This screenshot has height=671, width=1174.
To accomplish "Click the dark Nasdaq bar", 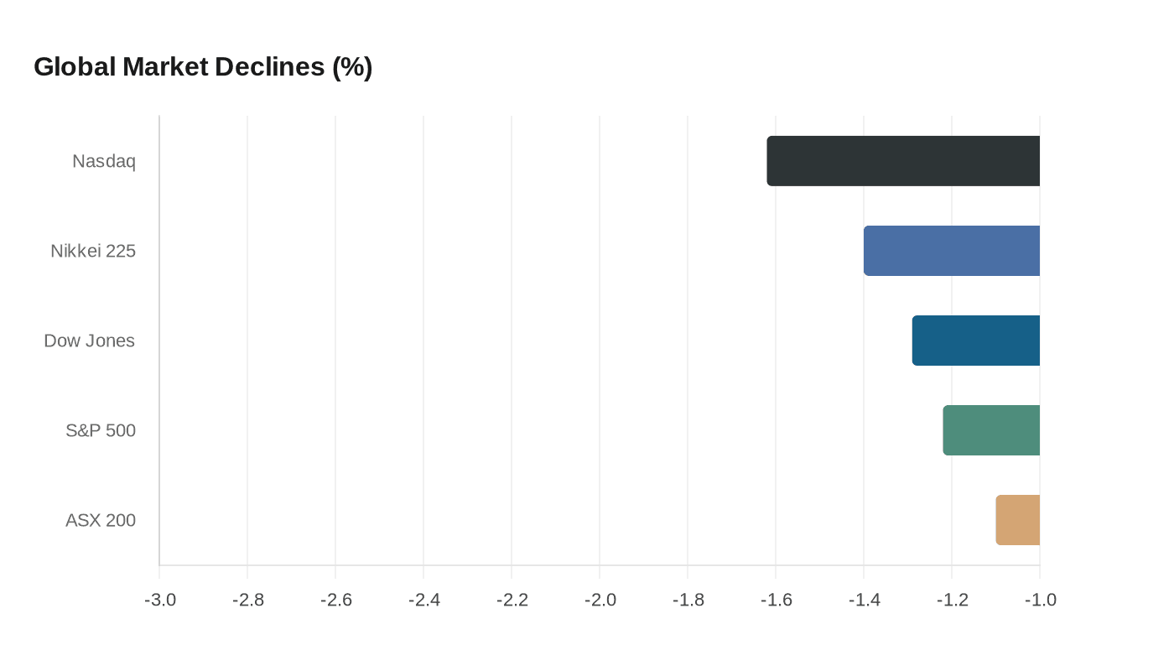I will tap(903, 161).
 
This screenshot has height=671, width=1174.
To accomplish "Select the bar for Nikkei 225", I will tap(952, 251).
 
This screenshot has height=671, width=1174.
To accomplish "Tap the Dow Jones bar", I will tap(976, 341).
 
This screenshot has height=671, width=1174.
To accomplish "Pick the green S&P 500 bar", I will tap(991, 430).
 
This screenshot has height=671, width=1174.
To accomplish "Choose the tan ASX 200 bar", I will tap(1018, 520).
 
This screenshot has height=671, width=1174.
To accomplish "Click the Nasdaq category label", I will tap(104, 161).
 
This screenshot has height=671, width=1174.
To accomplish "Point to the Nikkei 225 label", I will tap(93, 251).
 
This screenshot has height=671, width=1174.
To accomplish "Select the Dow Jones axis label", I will tap(90, 341).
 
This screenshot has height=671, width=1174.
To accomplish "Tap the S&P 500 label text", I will tap(101, 431).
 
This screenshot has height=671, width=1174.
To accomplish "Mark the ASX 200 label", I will tap(101, 521).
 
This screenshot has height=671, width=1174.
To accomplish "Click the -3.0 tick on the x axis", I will tap(159, 601).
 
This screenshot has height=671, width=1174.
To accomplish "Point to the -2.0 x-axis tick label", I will tap(600, 601).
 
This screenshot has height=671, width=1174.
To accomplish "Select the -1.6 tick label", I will tap(776, 601).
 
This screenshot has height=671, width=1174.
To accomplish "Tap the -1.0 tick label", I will tap(1040, 601).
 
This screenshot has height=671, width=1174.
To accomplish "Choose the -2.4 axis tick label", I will tap(423, 601).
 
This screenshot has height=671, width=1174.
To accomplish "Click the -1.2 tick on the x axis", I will tap(952, 601).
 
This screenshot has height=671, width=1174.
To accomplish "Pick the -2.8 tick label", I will tap(247, 601).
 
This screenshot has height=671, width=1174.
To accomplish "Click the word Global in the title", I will tap(75, 67).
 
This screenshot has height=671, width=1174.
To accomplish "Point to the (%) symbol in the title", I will tap(352, 67).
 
